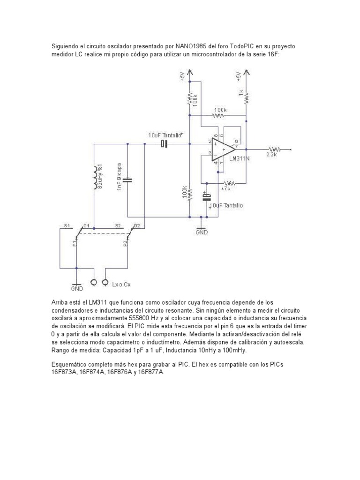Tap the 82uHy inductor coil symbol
click(96, 177)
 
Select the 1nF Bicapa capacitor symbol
click(129, 180)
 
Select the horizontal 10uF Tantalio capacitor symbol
click(164, 144)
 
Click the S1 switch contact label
click(67, 225)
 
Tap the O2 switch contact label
click(136, 225)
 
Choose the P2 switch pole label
click(125, 243)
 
